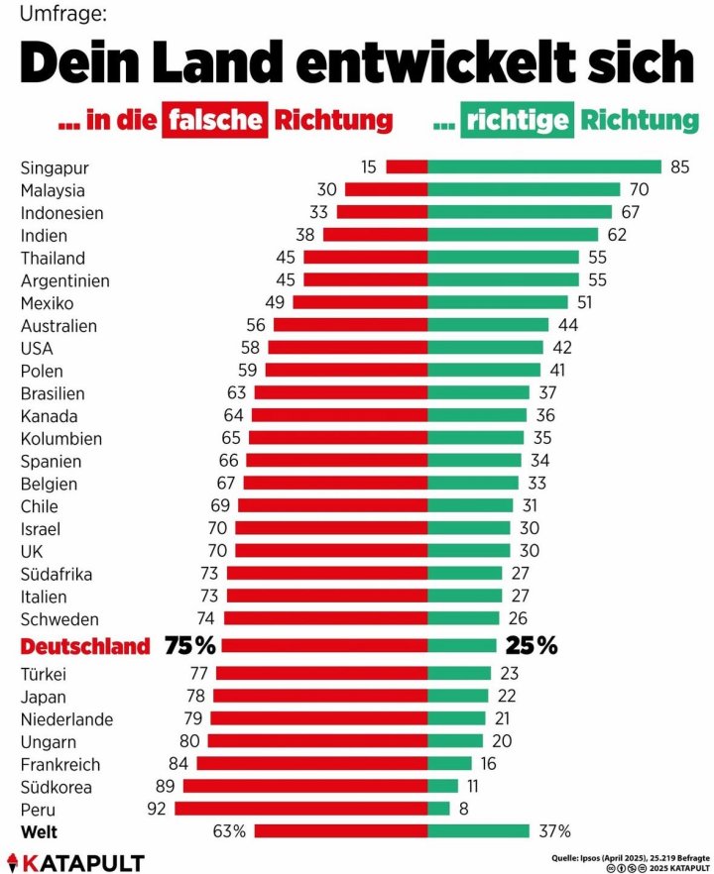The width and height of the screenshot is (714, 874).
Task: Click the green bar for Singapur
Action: [544, 166]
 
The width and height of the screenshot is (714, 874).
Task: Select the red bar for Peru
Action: [301, 809]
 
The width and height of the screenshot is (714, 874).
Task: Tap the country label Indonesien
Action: [61, 213]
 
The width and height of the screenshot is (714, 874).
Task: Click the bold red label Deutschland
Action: [85, 647]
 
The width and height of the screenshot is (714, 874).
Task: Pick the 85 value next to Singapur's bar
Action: [679, 166]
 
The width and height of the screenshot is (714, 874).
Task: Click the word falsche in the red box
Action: [216, 121]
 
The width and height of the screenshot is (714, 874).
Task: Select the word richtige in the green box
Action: [520, 121]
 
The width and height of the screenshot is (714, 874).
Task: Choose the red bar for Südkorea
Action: [305, 787]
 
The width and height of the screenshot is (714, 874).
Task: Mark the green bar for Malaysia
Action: [524, 189]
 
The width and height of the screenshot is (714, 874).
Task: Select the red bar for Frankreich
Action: [312, 764]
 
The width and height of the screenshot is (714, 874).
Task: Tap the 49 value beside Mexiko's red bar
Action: [275, 303]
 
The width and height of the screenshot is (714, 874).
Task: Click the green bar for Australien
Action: [488, 326]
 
